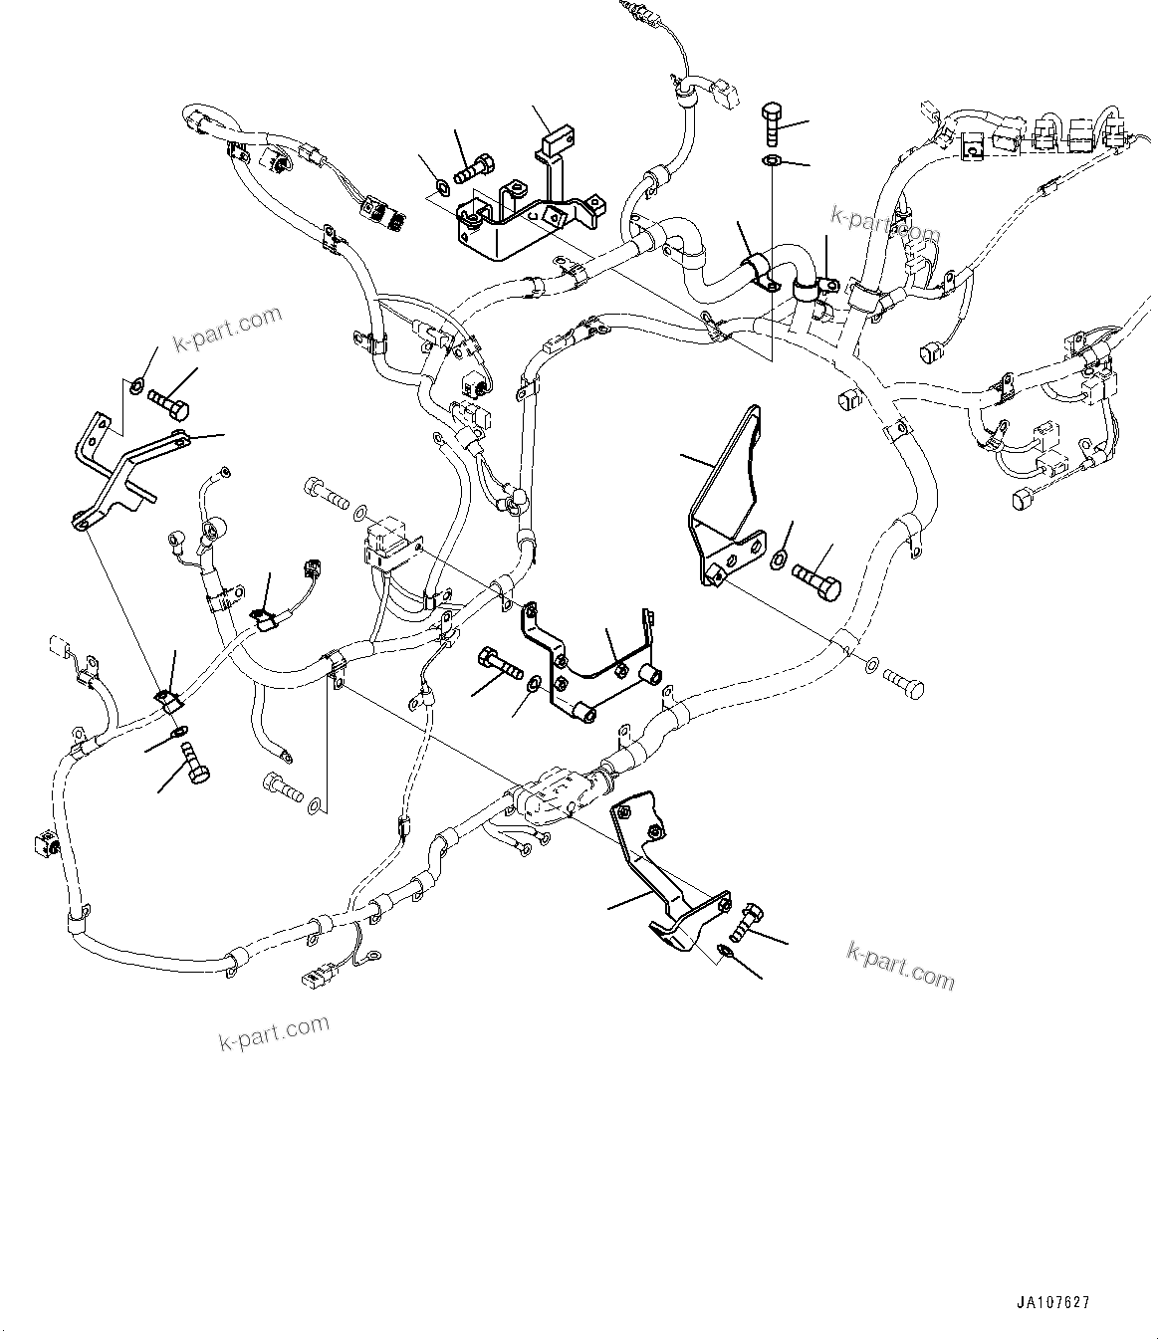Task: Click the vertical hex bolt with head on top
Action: click(x=775, y=124)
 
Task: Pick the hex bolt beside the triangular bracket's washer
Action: click(x=816, y=578)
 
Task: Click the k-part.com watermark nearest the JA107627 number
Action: click(x=900, y=966)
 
